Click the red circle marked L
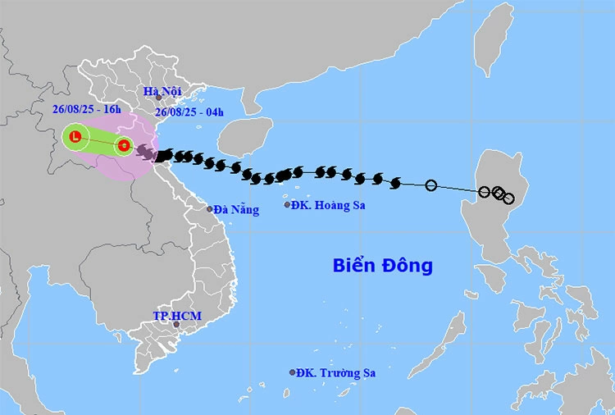click(75, 137)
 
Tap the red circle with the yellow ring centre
click(123, 146)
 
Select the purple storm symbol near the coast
click(145, 153)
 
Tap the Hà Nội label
click(162, 91)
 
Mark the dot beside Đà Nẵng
click(210, 208)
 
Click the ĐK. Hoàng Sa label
click(331, 204)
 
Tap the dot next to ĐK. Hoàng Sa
click(288, 204)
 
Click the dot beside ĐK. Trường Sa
click(292, 372)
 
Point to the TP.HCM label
click(177, 316)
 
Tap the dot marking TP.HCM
click(175, 325)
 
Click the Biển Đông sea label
click(382, 266)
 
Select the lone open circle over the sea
click(431, 185)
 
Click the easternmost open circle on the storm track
click(508, 198)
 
